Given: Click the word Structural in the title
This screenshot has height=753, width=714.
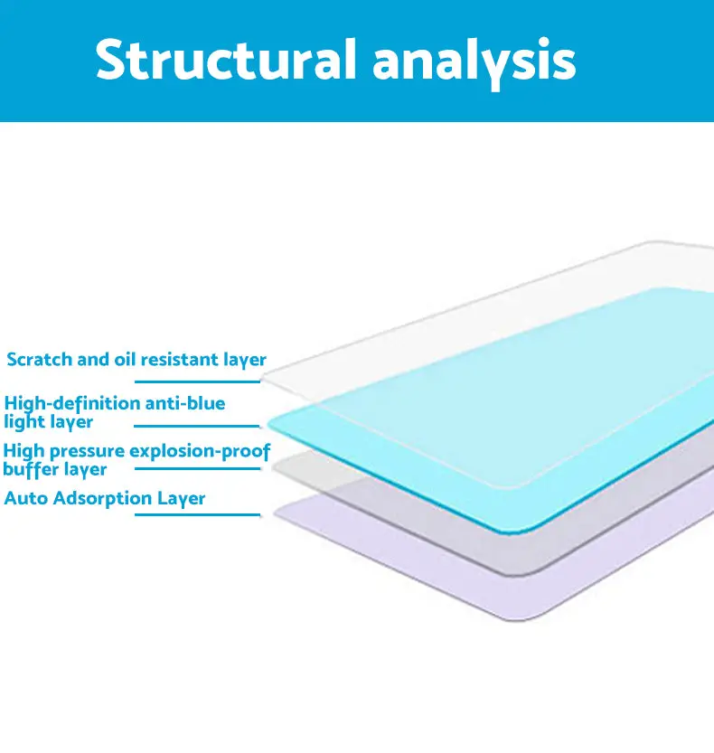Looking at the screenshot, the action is (226, 60).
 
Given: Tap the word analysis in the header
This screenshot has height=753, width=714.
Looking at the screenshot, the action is (474, 63).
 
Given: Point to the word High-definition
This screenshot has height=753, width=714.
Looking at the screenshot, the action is (72, 404).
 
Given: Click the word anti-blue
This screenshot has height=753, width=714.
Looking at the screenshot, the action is (185, 403).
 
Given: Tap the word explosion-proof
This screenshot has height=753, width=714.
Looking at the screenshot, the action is (200, 452).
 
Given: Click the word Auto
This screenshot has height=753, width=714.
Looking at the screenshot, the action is (26, 498).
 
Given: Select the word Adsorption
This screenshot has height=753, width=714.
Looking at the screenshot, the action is (103, 499).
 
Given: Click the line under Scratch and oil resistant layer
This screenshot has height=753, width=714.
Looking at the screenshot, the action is (197, 381).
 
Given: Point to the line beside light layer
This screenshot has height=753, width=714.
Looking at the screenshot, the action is (197, 426).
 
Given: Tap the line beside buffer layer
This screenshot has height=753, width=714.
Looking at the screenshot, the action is (197, 468).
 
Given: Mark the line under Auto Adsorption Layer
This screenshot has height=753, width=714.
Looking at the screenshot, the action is (197, 515).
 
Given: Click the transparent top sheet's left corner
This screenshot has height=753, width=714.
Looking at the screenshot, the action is (263, 376).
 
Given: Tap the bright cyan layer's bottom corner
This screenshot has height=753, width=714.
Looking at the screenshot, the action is (518, 532).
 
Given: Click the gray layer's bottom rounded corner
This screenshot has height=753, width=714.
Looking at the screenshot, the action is (523, 574).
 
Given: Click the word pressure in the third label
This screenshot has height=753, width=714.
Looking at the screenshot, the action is (87, 452).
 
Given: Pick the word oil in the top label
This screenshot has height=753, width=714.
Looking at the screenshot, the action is (125, 359).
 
